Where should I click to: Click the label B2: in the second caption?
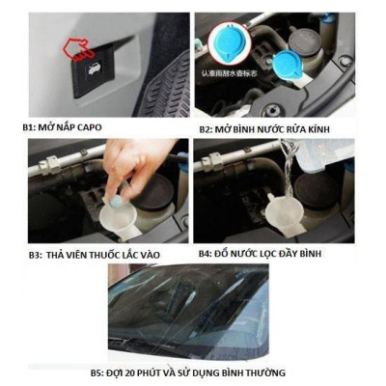tap(208, 128)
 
